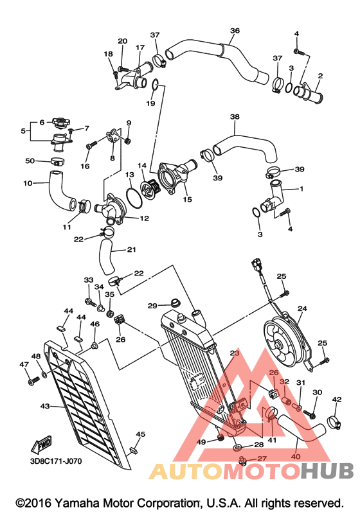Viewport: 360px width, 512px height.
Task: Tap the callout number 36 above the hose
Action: click(x=235, y=30)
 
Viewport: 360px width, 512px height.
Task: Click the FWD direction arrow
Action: click(x=42, y=444)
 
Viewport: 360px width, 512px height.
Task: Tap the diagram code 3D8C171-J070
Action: click(x=56, y=461)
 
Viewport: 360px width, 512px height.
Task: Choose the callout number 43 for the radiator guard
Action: click(x=45, y=406)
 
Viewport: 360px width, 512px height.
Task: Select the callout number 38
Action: click(x=235, y=116)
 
